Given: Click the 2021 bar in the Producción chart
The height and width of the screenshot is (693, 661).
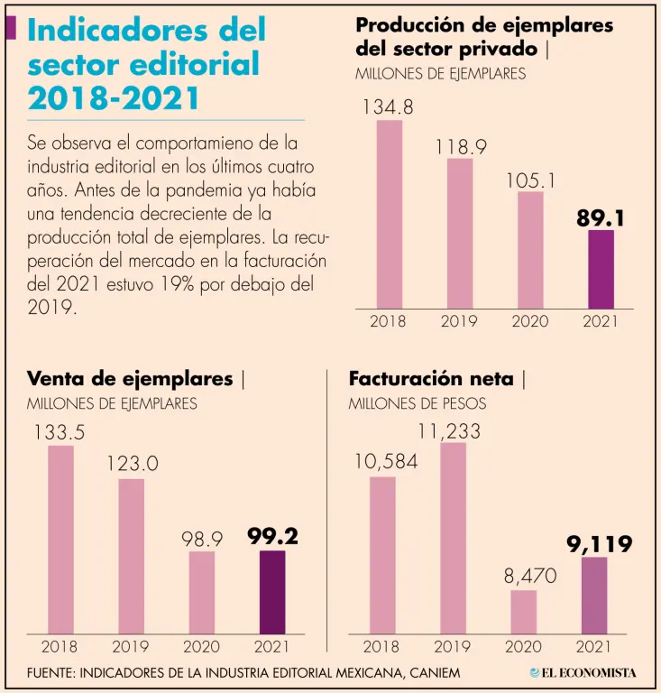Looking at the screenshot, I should click(x=601, y=269).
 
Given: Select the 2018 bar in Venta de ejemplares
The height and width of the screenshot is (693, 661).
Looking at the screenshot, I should click(x=60, y=539).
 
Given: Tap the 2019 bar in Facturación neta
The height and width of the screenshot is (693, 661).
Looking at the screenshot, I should click(x=453, y=537).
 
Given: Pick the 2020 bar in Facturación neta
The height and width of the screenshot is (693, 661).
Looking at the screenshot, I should click(x=523, y=611).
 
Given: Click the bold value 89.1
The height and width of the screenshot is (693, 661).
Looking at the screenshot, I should click(x=601, y=218).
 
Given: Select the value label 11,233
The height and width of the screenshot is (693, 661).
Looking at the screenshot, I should click(x=450, y=431).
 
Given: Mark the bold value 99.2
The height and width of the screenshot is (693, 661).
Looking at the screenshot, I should click(x=272, y=537).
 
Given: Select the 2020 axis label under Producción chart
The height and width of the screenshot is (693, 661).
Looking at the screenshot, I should click(x=530, y=321).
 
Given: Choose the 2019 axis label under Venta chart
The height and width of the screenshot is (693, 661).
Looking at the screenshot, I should click(x=131, y=646).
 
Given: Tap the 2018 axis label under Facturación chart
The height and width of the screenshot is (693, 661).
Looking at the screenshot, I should click(x=381, y=646).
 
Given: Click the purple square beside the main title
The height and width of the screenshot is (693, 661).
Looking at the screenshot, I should click(x=11, y=28).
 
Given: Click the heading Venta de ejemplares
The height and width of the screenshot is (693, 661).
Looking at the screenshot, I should click(x=130, y=379).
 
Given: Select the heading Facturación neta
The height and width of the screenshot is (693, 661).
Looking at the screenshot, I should click(x=431, y=379).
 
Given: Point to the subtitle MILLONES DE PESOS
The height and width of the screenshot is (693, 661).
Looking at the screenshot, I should click(x=417, y=403).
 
